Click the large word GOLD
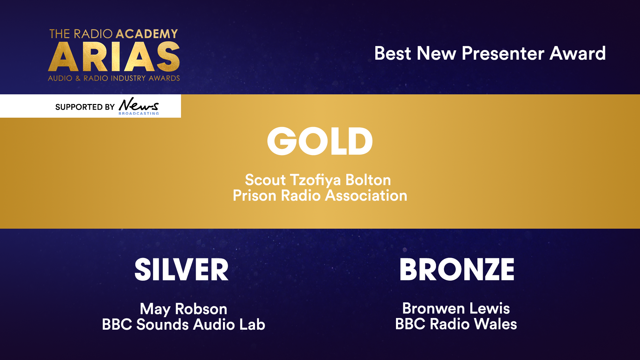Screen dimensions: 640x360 pyautogui.click(x=320, y=141)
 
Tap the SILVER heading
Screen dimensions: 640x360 pyautogui.click(x=182, y=269)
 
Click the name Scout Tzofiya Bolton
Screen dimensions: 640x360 pyautogui.click(x=318, y=180)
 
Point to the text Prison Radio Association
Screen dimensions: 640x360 pyautogui.click(x=320, y=195)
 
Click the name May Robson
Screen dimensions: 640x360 pyautogui.click(x=184, y=309)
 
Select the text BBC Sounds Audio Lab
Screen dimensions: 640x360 pyautogui.click(x=184, y=324)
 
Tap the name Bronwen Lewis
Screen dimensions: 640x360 pyautogui.click(x=456, y=308)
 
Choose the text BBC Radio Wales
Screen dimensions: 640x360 pyautogui.click(x=456, y=324)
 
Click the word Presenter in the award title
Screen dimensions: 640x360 pyautogui.click(x=503, y=53)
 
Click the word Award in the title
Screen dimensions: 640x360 pyautogui.click(x=578, y=53)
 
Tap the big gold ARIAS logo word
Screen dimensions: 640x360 pyautogui.click(x=114, y=57)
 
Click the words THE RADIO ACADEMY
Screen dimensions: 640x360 pyautogui.click(x=114, y=34)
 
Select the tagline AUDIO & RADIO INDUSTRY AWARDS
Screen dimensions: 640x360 pyautogui.click(x=114, y=78)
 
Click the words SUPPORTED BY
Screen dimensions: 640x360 pyautogui.click(x=85, y=107)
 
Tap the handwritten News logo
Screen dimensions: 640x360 pyautogui.click(x=139, y=105)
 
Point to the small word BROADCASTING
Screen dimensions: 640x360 pyautogui.click(x=139, y=114)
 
